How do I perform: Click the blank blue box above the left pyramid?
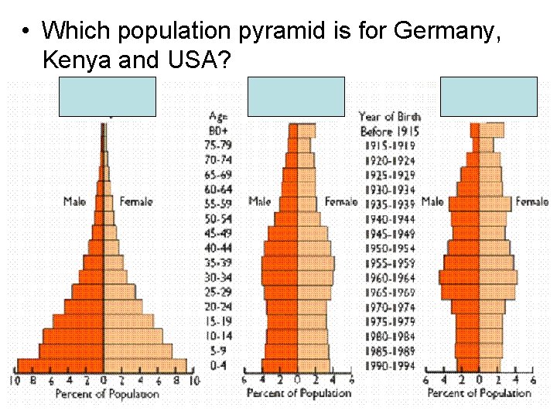pyautogui.click(x=108, y=97)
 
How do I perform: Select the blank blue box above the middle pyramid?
pyautogui.click(x=296, y=97)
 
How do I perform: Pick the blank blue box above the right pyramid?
pyautogui.click(x=488, y=97)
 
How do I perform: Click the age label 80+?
pyautogui.click(x=219, y=131)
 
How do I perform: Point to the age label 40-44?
pyautogui.click(x=219, y=248)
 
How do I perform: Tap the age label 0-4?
pyautogui.click(x=219, y=365)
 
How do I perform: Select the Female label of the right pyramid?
pyautogui.click(x=532, y=201)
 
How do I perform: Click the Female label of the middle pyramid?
pyautogui.click(x=340, y=201)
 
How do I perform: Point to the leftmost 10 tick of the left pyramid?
pyautogui.click(x=14, y=381)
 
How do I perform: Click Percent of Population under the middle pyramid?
pyautogui.click(x=299, y=394)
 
